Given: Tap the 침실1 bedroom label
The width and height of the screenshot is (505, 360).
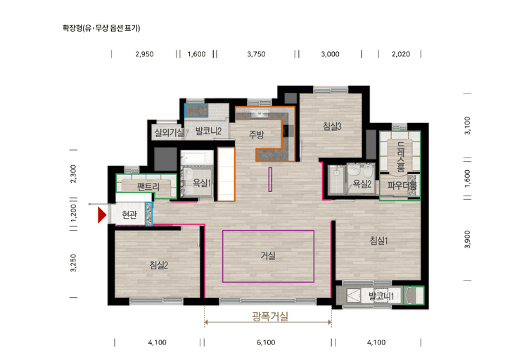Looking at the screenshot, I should (x=379, y=240).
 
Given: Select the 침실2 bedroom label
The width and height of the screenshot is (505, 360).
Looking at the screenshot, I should (x=158, y=265).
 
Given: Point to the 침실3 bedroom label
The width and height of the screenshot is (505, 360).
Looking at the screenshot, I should (x=332, y=127).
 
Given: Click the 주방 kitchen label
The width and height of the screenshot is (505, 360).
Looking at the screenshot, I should (x=256, y=135).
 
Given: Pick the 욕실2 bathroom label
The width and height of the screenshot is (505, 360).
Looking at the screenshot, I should (x=362, y=184).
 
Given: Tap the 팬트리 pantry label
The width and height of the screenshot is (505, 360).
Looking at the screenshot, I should (x=149, y=187).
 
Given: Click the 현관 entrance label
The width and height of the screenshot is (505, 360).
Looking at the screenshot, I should (x=129, y=215).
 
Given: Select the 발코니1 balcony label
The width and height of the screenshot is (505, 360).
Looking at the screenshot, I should (x=381, y=297).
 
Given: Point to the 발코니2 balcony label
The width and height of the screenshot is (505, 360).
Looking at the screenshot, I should (x=209, y=131).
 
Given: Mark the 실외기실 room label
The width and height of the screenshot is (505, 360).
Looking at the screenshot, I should (x=168, y=132).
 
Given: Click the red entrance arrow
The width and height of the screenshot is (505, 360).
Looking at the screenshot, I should (x=102, y=215).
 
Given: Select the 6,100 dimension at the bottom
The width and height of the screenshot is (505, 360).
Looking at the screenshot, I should (x=266, y=342).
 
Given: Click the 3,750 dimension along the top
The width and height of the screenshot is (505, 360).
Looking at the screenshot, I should (x=256, y=53).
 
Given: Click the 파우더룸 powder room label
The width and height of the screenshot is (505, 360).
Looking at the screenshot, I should (x=402, y=186).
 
